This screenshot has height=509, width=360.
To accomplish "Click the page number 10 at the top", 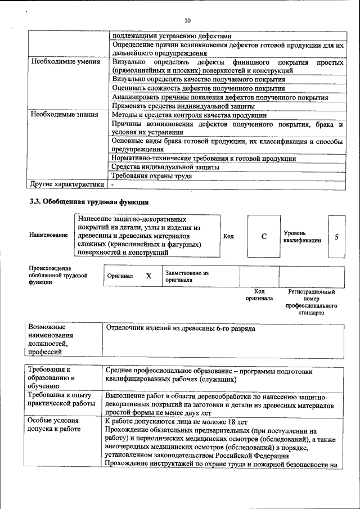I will click(x=188, y=21).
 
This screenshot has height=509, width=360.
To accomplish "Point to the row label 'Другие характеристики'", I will click(x=67, y=184).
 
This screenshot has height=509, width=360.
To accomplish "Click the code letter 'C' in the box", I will click(x=263, y=237).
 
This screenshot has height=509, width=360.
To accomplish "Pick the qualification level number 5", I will click(x=336, y=237).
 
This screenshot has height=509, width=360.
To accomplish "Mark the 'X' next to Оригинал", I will click(x=148, y=276).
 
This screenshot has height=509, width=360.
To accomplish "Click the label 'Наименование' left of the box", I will click(x=48, y=235).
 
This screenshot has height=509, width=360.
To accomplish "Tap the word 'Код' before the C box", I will click(x=228, y=236).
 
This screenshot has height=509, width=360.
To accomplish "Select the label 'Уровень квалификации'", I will click(x=302, y=236).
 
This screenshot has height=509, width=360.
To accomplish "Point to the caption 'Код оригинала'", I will click(x=259, y=295).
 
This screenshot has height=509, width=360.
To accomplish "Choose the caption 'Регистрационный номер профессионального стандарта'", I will click(x=311, y=302).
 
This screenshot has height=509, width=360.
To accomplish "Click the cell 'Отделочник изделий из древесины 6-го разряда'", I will click(x=180, y=328).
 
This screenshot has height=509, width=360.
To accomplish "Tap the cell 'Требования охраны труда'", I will click(x=152, y=176).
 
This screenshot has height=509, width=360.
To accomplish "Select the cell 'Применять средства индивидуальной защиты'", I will click(x=183, y=106).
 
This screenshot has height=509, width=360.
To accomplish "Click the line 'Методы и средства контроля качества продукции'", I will click(x=189, y=115).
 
